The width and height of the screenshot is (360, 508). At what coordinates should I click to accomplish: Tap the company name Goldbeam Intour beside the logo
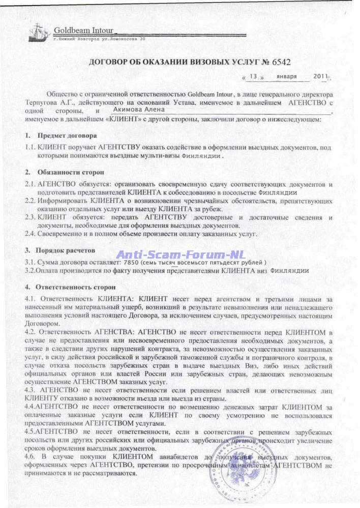(83, 30)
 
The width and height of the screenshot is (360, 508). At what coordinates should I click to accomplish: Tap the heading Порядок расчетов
(65, 250)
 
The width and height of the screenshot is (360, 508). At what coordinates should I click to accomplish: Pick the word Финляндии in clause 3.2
(290, 271)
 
